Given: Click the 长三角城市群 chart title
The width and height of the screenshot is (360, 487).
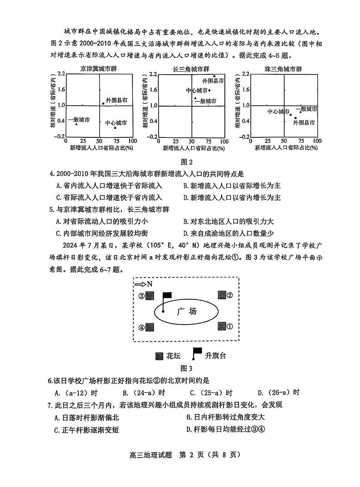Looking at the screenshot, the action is click(191, 69).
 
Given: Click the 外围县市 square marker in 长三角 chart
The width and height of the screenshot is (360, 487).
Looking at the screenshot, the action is click(214, 76).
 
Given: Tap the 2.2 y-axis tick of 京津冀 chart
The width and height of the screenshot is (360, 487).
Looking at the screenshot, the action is click(61, 73).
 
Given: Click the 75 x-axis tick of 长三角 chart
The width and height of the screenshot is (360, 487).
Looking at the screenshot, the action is click(208, 141).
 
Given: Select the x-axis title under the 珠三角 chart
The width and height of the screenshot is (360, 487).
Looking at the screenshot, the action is click(285, 148).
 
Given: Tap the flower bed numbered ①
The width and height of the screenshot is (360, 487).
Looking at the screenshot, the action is click(222, 326).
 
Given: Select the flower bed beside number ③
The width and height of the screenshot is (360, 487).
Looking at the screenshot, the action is click(151, 296).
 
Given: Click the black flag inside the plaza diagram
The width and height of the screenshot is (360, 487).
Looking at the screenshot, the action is click(167, 295).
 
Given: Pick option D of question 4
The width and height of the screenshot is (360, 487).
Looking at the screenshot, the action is click(232, 197).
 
